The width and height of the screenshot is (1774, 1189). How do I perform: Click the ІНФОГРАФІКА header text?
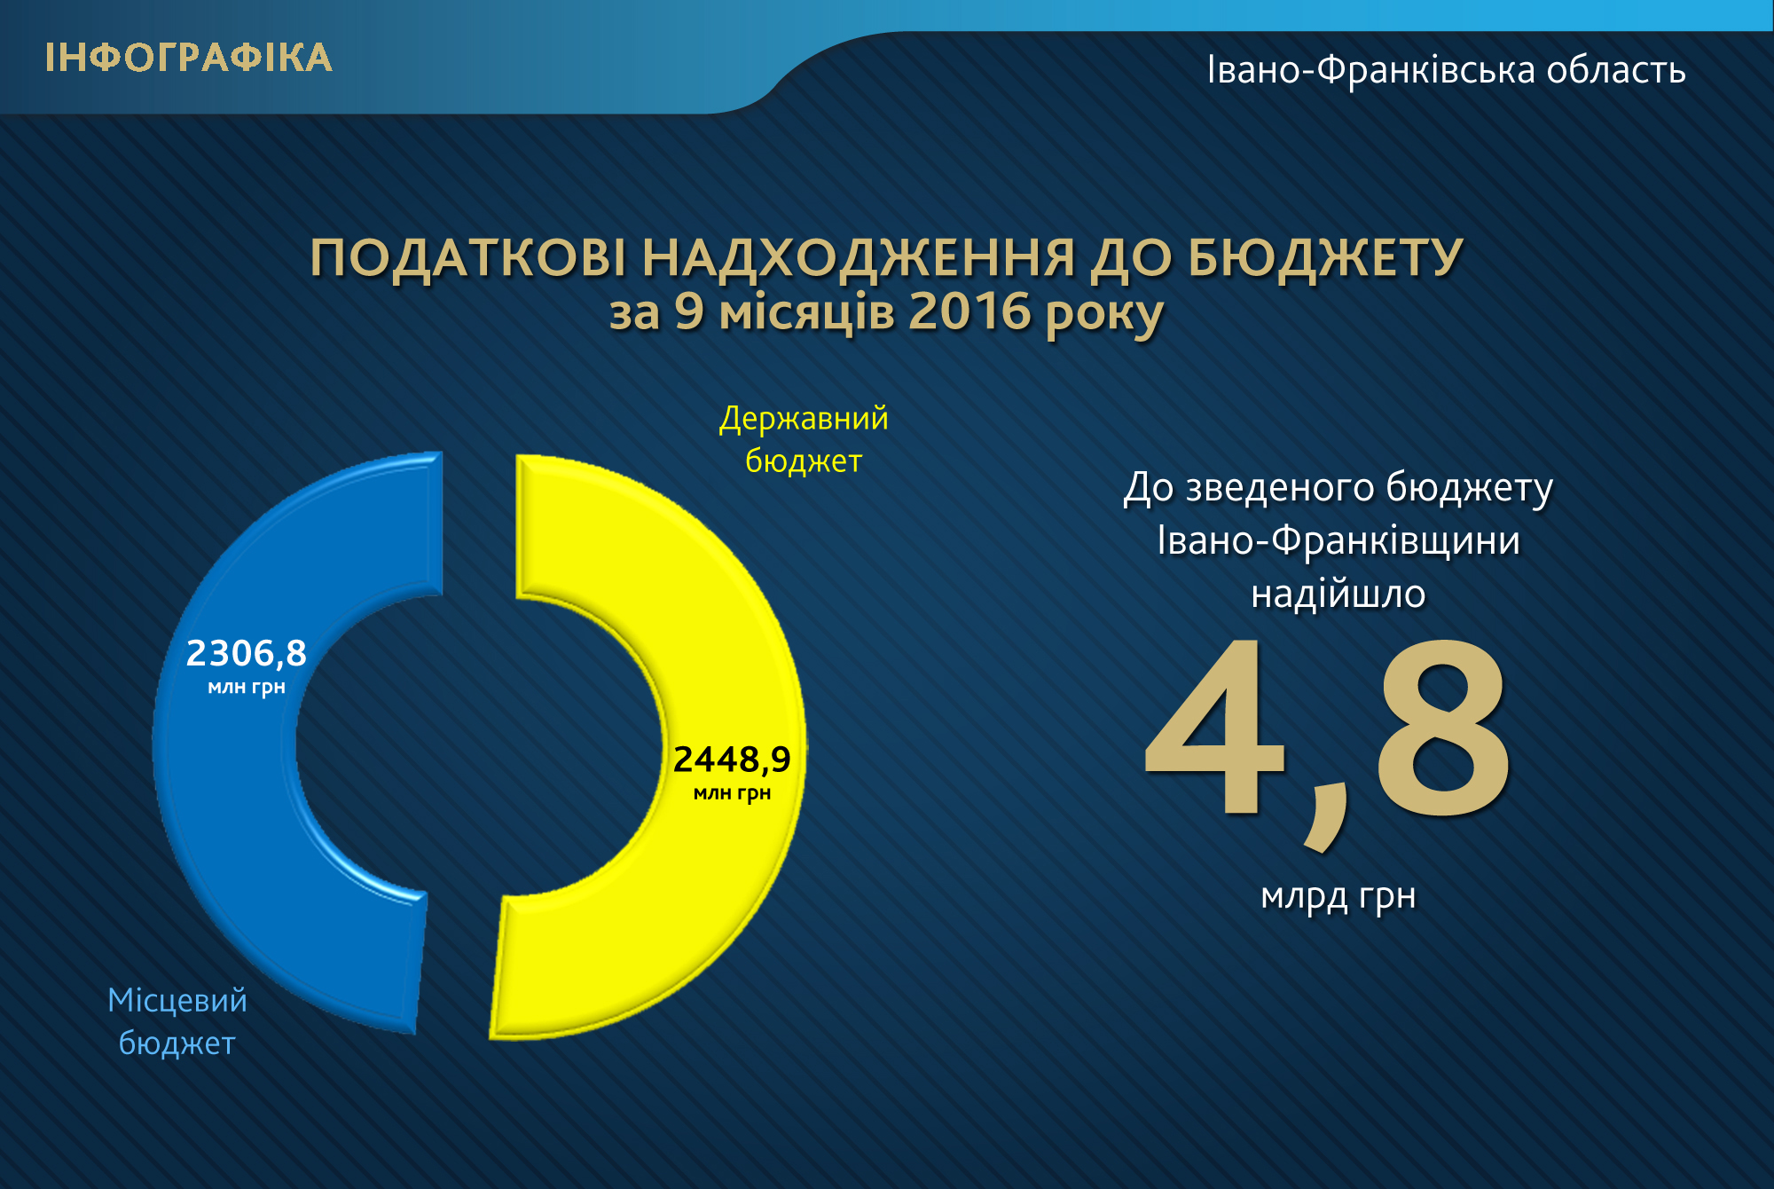pyautogui.click(x=189, y=59)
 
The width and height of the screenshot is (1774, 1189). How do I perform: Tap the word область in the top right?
pyautogui.click(x=1616, y=69)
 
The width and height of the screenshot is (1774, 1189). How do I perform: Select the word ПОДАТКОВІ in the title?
pyautogui.click(x=467, y=258)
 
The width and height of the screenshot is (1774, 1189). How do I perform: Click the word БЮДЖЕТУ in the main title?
pyautogui.click(x=1325, y=258)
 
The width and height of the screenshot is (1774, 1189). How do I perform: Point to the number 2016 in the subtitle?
pyautogui.click(x=970, y=311)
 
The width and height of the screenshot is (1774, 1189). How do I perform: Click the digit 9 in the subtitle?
pyautogui.click(x=689, y=311)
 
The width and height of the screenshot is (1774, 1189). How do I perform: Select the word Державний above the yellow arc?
pyautogui.click(x=804, y=419)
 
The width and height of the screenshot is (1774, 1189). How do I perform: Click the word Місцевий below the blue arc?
pyautogui.click(x=177, y=1000)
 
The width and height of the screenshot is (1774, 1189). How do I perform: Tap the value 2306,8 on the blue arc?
pyautogui.click(x=247, y=653)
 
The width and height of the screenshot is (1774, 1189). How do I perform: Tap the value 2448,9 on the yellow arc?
pyautogui.click(x=732, y=760)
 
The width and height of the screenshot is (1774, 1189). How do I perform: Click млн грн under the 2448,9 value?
pyautogui.click(x=732, y=793)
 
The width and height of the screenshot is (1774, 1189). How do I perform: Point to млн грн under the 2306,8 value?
pyautogui.click(x=247, y=688)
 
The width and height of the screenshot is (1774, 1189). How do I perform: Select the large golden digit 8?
pyautogui.click(x=1441, y=728)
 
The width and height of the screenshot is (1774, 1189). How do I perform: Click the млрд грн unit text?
pyautogui.click(x=1338, y=897)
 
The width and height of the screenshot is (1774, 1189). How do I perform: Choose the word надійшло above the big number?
pyautogui.click(x=1338, y=593)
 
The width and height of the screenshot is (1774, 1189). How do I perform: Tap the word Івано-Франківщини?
pyautogui.click(x=1338, y=541)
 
